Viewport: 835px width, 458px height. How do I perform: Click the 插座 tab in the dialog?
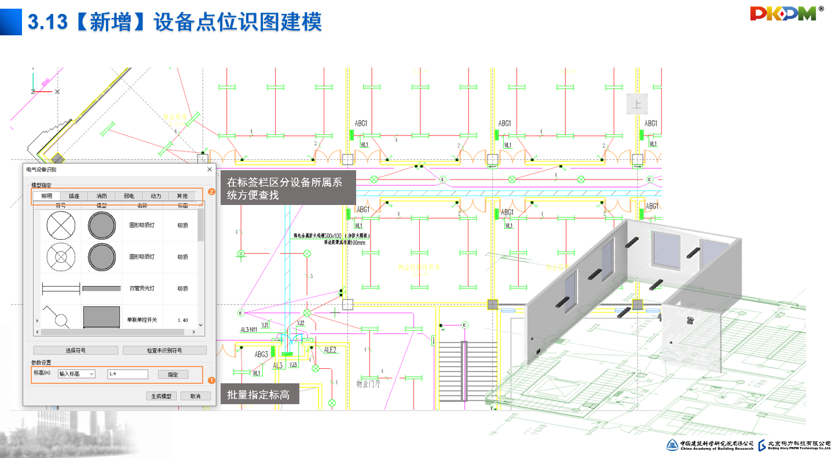[x=74, y=196]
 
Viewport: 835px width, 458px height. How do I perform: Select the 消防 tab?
[x=101, y=196]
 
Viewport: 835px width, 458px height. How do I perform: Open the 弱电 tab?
[x=129, y=196]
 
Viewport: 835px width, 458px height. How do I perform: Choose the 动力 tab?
[x=156, y=196]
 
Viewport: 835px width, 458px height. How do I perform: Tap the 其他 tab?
[x=182, y=196]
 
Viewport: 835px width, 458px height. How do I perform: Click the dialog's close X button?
[x=210, y=169]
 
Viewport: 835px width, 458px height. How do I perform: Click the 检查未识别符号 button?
[x=164, y=350]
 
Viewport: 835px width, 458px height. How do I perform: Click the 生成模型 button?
[x=161, y=396]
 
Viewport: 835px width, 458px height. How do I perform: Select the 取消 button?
[x=191, y=396]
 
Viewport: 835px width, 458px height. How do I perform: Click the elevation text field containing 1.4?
[x=128, y=374]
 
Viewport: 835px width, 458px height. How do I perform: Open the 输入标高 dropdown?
[x=76, y=374]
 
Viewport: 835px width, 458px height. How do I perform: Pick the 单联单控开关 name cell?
[x=142, y=320]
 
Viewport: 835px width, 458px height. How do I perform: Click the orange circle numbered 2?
[x=211, y=192]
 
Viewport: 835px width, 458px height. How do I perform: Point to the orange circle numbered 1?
[x=211, y=380]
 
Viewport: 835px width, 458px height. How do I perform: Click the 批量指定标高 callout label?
[x=259, y=395]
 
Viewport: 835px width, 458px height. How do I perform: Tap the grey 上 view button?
[x=637, y=105]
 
